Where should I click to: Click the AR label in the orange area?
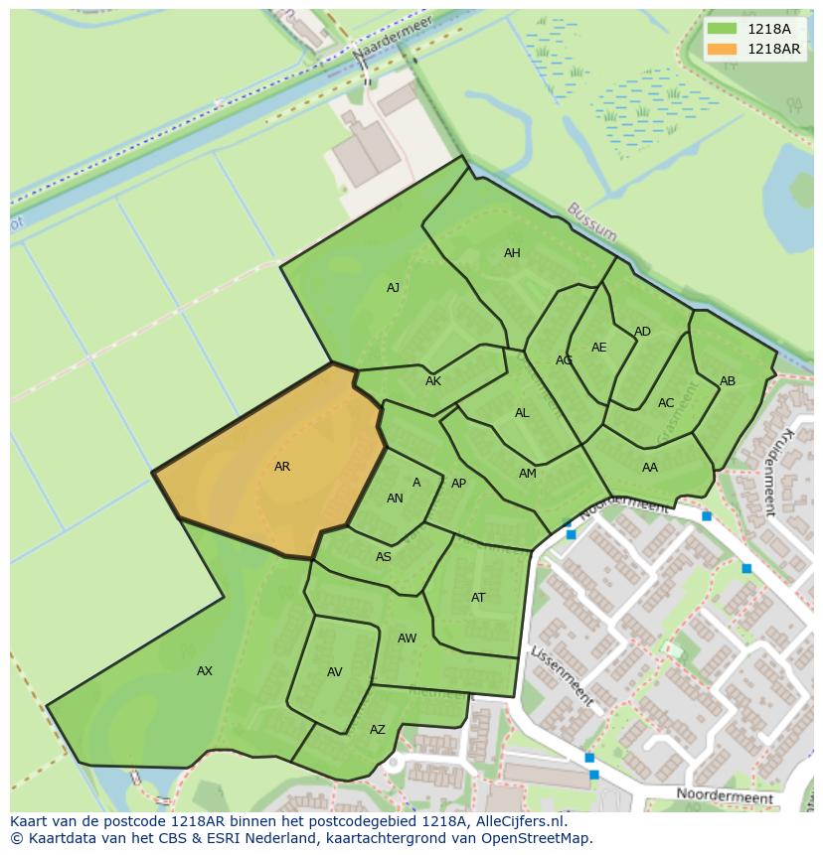coord(282,467)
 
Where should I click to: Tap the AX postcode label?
coord(205,671)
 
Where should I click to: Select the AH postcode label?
coord(512,253)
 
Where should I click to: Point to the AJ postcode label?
coord(393,288)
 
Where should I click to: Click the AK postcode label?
coord(433,381)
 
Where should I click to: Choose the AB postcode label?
coord(728,381)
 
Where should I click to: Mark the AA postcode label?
coord(650,468)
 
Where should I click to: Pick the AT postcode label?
coord(478,598)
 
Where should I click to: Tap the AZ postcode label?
coord(378,730)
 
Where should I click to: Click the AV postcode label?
coord(335,672)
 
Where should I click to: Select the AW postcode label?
coord(408,639)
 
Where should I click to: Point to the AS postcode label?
coord(384,557)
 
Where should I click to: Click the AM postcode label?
coord(528,474)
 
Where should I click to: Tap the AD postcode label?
coord(642,332)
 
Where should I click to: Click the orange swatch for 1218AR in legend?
coord(723,49)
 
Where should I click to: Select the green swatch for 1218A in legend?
coord(723,29)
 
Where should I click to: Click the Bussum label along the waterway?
coord(592,222)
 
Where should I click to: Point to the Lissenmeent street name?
coord(562,676)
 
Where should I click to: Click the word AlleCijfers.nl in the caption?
coord(518,821)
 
